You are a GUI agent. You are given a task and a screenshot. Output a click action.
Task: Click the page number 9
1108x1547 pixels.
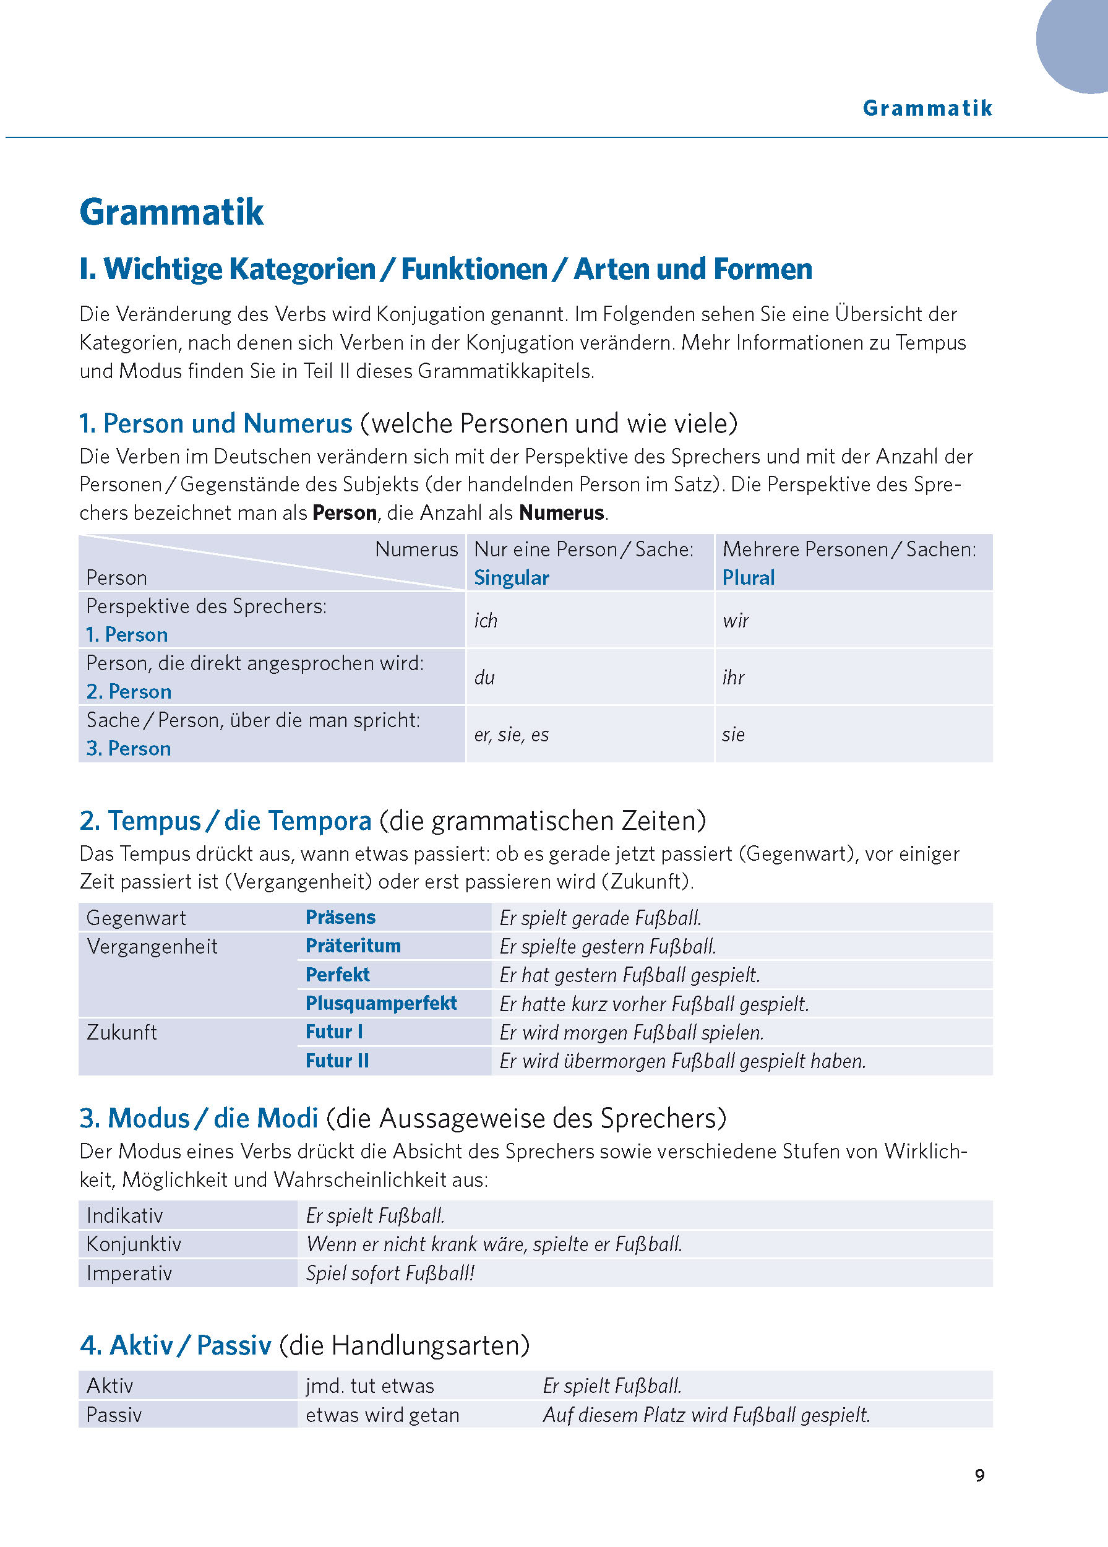click(x=979, y=1475)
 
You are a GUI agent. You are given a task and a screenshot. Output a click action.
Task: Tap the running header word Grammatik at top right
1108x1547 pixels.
click(x=927, y=108)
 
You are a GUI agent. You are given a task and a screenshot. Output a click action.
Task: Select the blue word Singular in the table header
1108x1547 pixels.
click(x=512, y=578)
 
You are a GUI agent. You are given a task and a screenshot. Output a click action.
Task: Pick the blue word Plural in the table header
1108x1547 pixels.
click(x=748, y=578)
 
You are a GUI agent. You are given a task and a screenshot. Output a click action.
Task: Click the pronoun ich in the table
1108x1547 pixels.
click(x=486, y=620)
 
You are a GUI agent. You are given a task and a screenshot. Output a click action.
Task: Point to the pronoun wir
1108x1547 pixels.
click(x=736, y=620)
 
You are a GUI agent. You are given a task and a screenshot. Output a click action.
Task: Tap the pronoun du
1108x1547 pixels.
click(x=484, y=678)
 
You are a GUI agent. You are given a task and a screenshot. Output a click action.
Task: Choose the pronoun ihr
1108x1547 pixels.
click(x=734, y=678)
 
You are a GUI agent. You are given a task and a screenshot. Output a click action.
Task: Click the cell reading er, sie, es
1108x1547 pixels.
click(x=512, y=735)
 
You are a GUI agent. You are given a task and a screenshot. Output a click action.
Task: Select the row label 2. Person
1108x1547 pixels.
click(x=129, y=692)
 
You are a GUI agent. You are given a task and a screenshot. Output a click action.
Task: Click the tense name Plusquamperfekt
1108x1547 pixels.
click(x=381, y=1003)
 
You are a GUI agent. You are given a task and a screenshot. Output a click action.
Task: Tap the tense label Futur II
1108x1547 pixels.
click(x=337, y=1061)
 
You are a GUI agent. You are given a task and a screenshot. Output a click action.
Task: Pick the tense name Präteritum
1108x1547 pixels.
click(x=353, y=946)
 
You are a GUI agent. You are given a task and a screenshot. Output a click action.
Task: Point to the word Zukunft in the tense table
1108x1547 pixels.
click(x=122, y=1032)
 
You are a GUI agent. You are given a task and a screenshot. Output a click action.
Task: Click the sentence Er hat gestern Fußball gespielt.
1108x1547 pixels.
click(x=629, y=975)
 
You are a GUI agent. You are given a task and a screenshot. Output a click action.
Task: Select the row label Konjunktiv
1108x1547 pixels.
click(x=134, y=1244)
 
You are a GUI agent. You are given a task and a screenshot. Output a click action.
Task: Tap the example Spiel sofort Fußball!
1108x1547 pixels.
click(x=390, y=1273)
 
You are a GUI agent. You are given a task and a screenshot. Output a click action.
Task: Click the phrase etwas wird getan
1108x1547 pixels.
click(x=382, y=1415)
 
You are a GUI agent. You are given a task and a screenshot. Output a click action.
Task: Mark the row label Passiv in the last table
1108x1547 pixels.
click(x=114, y=1415)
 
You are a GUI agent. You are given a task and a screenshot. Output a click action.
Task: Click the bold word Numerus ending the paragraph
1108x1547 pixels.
click(x=562, y=513)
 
